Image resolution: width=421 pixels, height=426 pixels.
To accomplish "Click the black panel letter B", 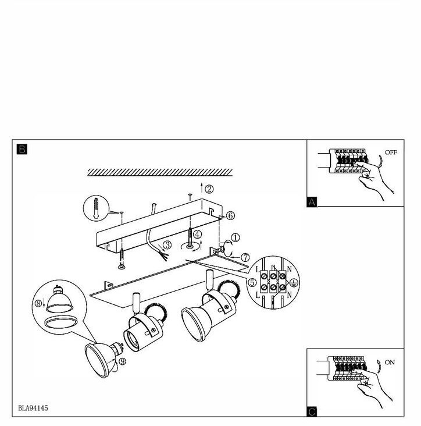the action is pos(22,149).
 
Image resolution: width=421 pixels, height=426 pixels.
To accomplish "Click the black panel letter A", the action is pos(312,202).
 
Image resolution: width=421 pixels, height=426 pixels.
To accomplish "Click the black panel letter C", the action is pos(312,411).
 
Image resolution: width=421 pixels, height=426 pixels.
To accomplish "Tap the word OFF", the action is pos(391,152).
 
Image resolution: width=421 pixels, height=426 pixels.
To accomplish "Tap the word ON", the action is pos(390,363).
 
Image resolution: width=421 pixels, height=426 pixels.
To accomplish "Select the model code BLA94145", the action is pos(33,408).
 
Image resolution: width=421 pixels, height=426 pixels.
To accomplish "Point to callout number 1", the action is pos(236,237).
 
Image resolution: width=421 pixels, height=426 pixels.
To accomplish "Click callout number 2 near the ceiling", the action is pos(209,189).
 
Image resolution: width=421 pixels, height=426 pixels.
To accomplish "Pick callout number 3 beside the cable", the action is pos(167,245).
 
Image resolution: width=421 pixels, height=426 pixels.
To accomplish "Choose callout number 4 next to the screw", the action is pos(197,234).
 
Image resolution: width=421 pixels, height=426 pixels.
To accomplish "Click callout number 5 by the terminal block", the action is pos(252,283).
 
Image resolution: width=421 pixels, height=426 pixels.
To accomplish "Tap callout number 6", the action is pos(230,216).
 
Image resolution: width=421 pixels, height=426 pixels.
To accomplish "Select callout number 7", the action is pos(245,257).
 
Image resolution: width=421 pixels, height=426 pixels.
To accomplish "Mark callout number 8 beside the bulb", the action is pos(38,303).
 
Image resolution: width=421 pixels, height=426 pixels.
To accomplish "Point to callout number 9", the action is pos(123,361).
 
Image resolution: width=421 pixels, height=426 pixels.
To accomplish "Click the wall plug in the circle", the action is pos(96,208).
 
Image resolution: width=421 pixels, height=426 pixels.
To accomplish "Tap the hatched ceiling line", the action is pos(160,172).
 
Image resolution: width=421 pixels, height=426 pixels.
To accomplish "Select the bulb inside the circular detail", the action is pos(59,299).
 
